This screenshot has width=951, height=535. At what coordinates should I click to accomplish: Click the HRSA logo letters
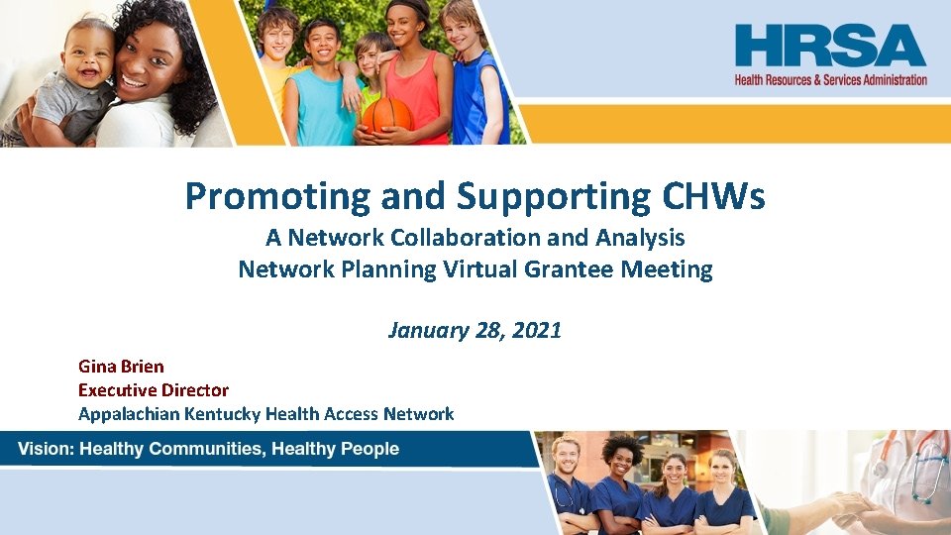[x=830, y=46]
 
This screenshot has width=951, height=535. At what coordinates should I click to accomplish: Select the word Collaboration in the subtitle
[x=458, y=239]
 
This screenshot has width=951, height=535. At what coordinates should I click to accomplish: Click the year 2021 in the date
[x=536, y=330]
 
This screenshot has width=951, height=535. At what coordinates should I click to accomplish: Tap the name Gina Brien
[x=121, y=367]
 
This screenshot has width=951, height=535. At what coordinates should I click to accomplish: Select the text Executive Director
[x=154, y=390]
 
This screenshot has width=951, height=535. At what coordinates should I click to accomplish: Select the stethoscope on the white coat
[x=925, y=466]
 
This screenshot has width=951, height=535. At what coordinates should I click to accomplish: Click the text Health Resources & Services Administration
[x=830, y=79]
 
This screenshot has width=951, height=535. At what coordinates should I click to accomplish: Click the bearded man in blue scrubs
[x=571, y=485]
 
